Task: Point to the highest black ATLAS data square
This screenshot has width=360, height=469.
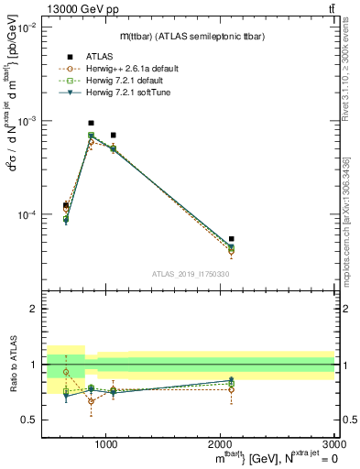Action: (x=91, y=123)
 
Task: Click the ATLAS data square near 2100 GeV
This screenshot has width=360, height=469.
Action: (x=231, y=239)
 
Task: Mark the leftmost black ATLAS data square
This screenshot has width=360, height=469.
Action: (x=66, y=205)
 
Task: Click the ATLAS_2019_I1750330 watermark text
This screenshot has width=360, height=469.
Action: (x=191, y=274)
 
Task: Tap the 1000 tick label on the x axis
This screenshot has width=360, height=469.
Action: (x=106, y=443)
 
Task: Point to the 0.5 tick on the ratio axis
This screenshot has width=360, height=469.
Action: (x=32, y=420)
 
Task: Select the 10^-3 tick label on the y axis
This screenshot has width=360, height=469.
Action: (x=28, y=121)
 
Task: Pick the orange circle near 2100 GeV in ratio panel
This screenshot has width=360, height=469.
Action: (x=231, y=390)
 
